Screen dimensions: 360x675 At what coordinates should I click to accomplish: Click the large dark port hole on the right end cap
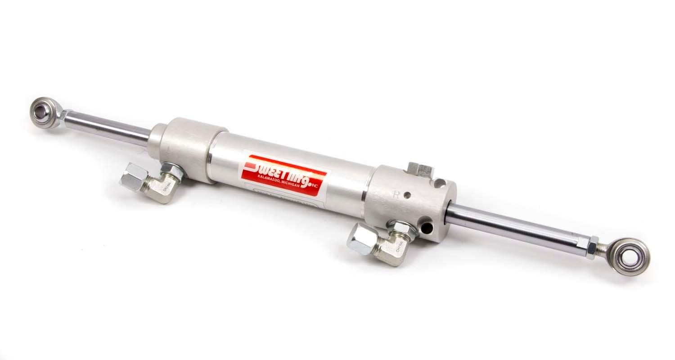426,228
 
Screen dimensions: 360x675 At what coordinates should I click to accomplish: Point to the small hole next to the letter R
407,196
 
